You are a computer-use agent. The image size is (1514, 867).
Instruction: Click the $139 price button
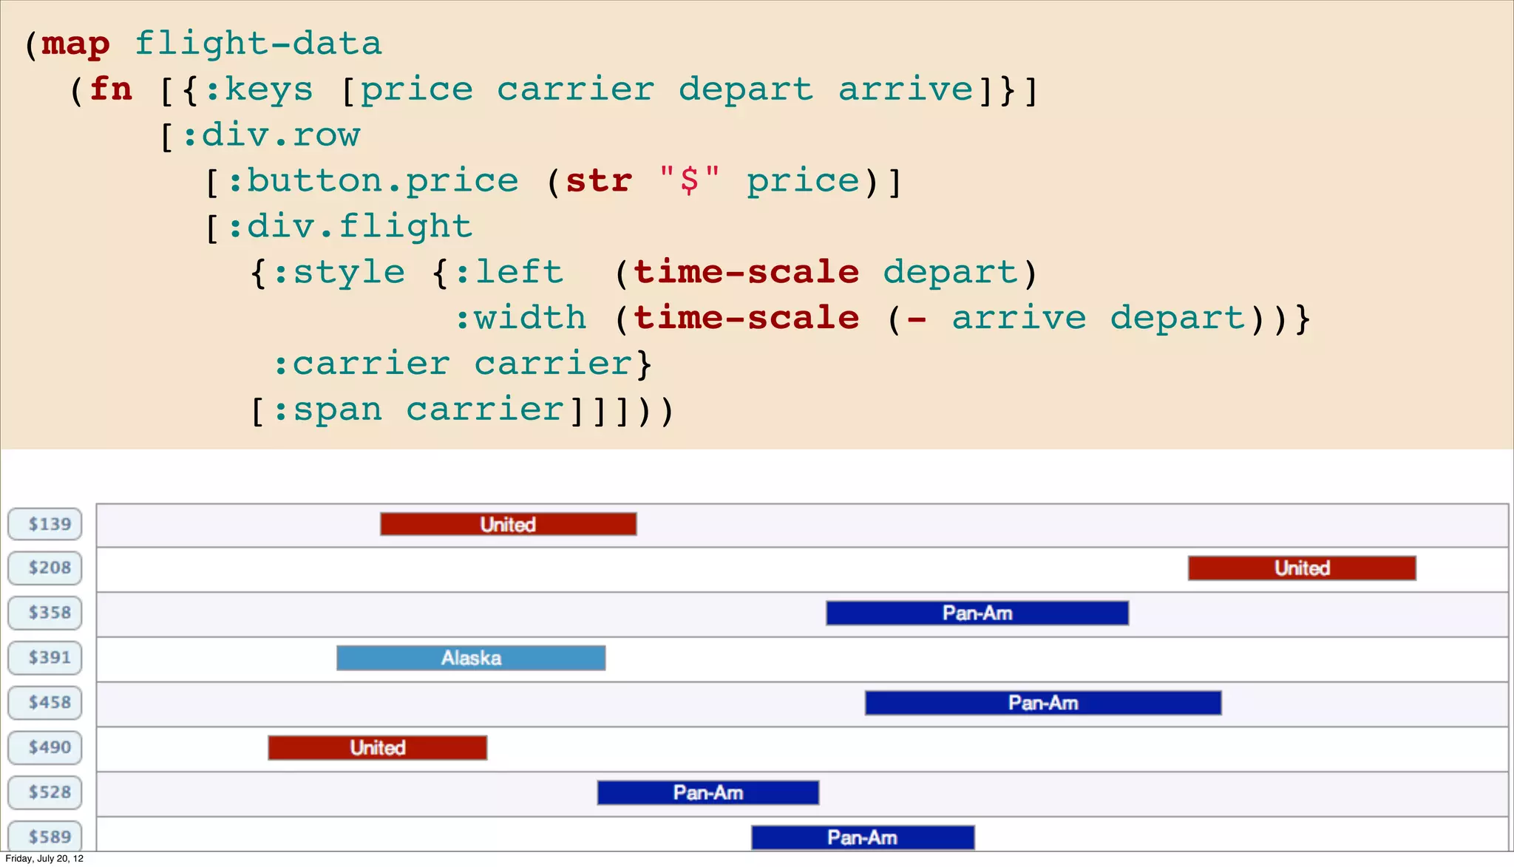point(45,524)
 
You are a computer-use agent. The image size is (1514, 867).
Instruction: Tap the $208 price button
point(45,568)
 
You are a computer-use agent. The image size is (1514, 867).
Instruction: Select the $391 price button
point(45,657)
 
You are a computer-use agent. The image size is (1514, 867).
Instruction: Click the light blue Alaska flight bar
point(471,658)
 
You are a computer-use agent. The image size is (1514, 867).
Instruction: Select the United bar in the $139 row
point(508,524)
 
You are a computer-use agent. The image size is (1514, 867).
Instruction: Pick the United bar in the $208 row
point(1302,568)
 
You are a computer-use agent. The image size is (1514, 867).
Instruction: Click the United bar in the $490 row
point(377,747)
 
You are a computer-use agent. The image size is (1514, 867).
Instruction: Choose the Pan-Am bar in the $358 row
point(977,613)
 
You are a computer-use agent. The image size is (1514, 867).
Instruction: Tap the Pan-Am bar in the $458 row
point(1042,702)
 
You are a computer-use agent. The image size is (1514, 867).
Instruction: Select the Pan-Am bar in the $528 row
point(707,792)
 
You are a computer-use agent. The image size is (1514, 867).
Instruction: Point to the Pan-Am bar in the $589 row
point(862,837)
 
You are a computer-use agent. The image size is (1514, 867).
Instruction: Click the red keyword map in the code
point(75,44)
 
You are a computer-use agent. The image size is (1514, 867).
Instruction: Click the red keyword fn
point(111,89)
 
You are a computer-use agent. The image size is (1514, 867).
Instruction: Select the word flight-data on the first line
point(258,43)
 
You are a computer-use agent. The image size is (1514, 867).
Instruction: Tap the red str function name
point(599,181)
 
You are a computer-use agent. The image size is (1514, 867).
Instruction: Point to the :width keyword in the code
point(520,318)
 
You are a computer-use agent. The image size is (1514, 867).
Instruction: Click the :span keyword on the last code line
point(327,409)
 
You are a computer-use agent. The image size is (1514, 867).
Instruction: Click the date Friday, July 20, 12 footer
point(44,858)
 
